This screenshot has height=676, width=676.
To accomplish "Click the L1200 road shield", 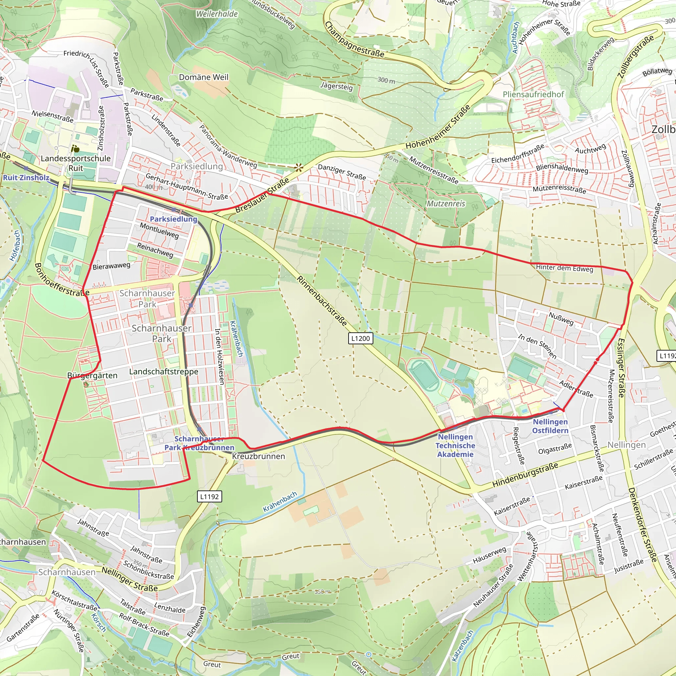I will click(x=360, y=338).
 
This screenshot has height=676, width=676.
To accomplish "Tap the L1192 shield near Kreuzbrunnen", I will click(x=209, y=496).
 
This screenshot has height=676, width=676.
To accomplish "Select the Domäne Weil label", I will click(x=203, y=77).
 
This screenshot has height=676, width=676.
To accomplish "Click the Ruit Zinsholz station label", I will click(x=26, y=177).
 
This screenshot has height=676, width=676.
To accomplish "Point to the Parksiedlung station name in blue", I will click(x=174, y=219).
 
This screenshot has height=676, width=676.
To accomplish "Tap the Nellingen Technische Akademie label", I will click(x=455, y=445).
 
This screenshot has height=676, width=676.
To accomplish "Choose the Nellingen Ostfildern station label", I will click(x=550, y=426).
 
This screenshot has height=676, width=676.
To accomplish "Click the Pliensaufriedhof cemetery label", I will click(x=533, y=94).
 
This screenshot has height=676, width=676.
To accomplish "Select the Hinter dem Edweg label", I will click(x=564, y=268).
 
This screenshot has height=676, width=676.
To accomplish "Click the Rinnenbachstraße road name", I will click(x=322, y=301).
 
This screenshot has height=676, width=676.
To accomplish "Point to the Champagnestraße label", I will click(x=354, y=40).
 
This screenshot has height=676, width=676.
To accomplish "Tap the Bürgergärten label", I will click(x=92, y=375).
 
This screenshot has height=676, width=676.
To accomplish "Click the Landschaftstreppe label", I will click(x=164, y=372).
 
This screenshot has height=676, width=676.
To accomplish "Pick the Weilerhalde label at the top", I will click(x=217, y=14).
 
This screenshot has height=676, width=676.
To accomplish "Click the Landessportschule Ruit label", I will click(x=76, y=163).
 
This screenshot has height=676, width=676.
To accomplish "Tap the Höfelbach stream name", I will click(x=16, y=245).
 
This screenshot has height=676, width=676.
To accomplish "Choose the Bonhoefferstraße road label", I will click(x=62, y=280).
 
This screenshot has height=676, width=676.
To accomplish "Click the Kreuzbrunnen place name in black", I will click(x=258, y=456).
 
